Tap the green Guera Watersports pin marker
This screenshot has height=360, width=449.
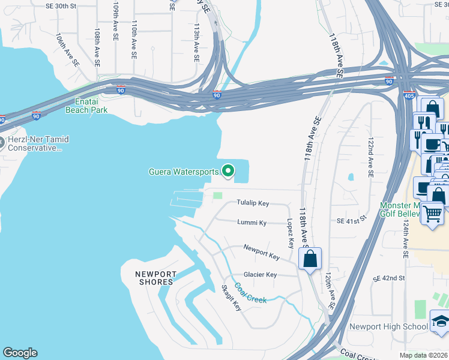coord(228,172)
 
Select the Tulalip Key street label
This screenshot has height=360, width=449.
coord(252,203)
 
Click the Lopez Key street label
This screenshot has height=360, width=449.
coord(291,233)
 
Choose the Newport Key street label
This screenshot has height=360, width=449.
coord(262,252)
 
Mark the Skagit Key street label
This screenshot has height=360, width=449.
coord(232,297)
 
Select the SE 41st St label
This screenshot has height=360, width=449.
coord(351,221)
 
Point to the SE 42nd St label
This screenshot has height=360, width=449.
coord(389,278)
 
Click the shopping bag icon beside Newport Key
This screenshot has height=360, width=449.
coord(310,259)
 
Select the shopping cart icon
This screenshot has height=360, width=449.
coord(432,212)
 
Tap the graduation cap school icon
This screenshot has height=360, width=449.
coord(441,322)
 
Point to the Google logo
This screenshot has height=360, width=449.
coord(20,353)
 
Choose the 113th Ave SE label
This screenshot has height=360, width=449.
coord(196,43)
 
